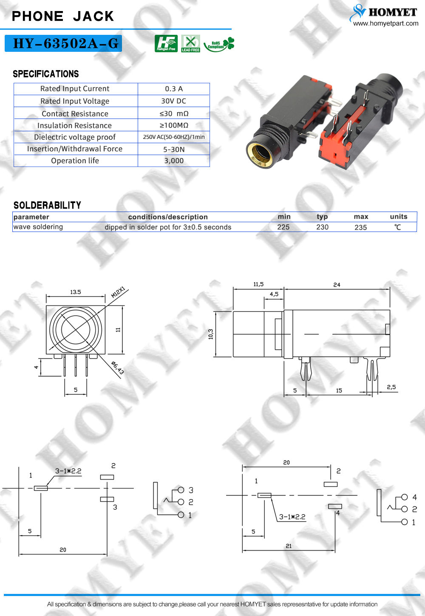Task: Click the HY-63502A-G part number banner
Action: pos(63,43)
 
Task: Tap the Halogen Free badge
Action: pos(166,43)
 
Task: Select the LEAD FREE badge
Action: pos(190,43)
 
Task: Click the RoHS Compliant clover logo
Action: pos(219,44)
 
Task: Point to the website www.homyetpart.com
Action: pos(385,23)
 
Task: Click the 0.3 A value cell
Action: pos(174,89)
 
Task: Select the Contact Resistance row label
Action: pos(75,113)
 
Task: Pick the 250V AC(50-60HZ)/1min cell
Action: pos(174,137)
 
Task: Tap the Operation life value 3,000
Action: pos(174,161)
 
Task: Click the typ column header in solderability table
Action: pos(322,217)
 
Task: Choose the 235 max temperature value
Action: pos(361,227)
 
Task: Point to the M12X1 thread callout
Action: pos(118,292)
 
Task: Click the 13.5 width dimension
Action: pos(76,292)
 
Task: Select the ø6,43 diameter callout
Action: pos(118,367)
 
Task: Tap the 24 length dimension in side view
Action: pos(337,285)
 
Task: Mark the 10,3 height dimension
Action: pos(211,334)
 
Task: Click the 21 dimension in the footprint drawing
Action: pos(289,546)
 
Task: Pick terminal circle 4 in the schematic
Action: pos(404,497)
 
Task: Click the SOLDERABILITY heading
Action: pos(47,205)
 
